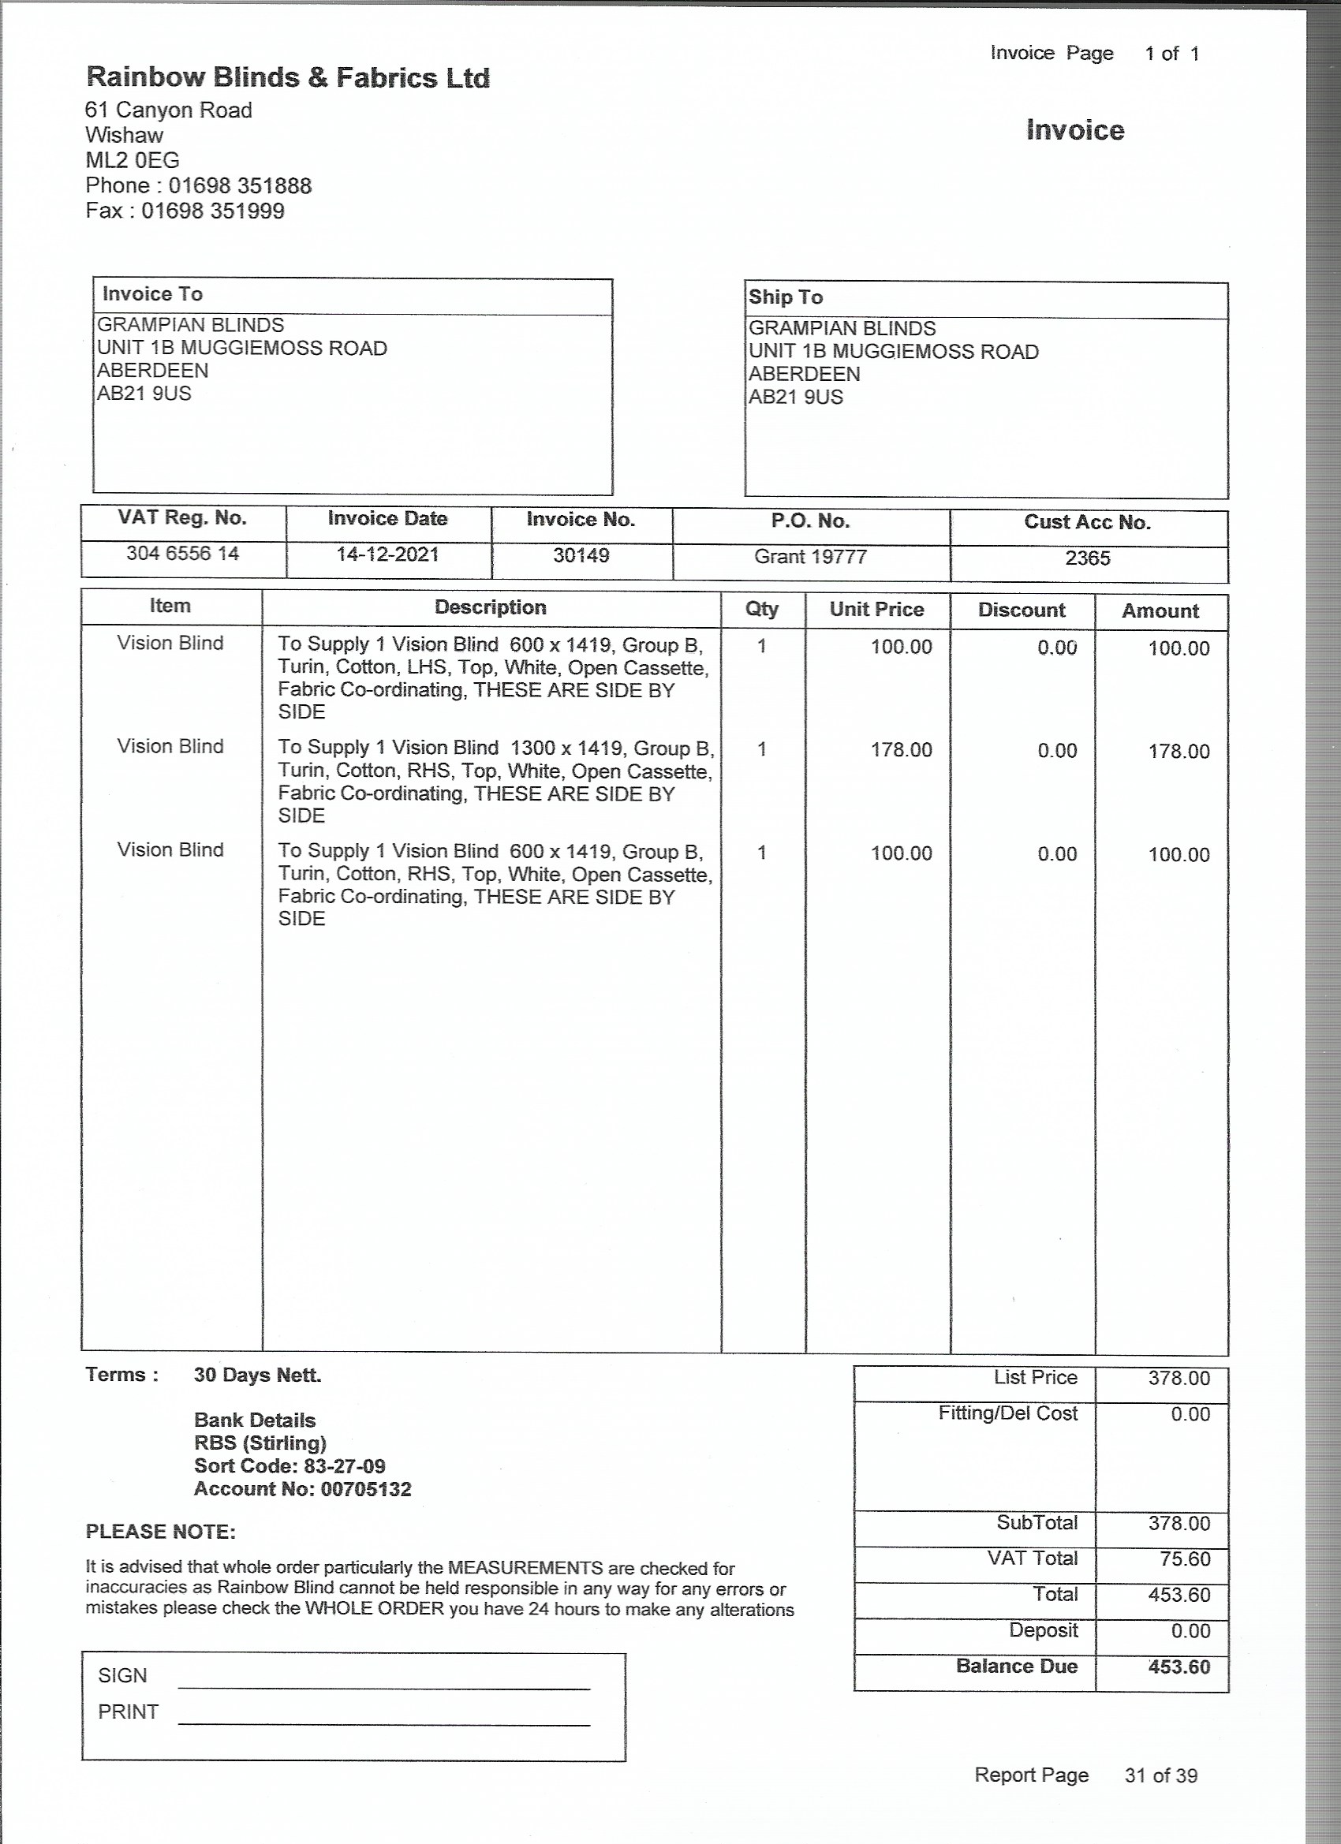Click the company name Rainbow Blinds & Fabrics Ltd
pos(288,78)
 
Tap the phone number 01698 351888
pos(240,186)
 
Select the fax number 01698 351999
pos(213,211)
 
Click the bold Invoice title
pos(1074,130)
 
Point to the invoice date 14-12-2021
pos(388,554)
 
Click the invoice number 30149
pos(581,555)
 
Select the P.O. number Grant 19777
pos(810,556)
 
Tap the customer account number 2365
pos(1087,558)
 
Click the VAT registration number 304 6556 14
pos(183,554)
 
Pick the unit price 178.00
pos(901,749)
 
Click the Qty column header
pos(762,609)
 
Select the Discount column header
pos(1022,610)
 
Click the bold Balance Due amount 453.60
pos(1179,1667)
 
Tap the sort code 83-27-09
pos(345,1466)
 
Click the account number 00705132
pos(366,1489)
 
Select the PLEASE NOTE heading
pos(160,1532)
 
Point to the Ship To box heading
pos(786,297)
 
